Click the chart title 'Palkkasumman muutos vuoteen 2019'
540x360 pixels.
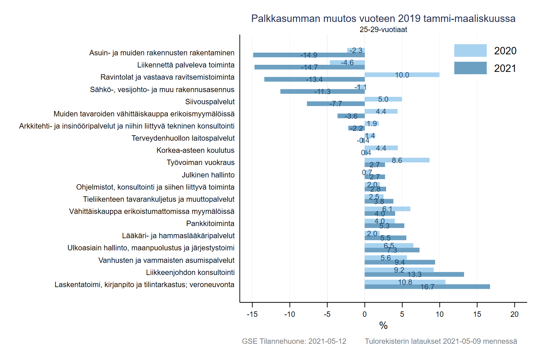(383, 19)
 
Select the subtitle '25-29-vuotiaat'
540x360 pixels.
(383, 30)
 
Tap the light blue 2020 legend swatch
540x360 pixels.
(470, 51)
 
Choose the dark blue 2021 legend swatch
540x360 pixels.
(470, 68)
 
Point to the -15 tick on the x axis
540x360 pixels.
(252, 314)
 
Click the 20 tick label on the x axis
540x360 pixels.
(514, 314)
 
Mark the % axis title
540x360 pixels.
(383, 326)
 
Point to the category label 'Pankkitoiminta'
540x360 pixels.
(210, 224)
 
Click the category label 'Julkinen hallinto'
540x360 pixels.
(208, 175)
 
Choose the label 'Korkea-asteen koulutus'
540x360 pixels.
(195, 150)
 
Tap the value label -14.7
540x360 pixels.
(309, 67)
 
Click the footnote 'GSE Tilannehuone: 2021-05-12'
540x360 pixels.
(294, 341)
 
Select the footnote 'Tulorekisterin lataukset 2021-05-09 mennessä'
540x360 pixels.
(441, 341)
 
